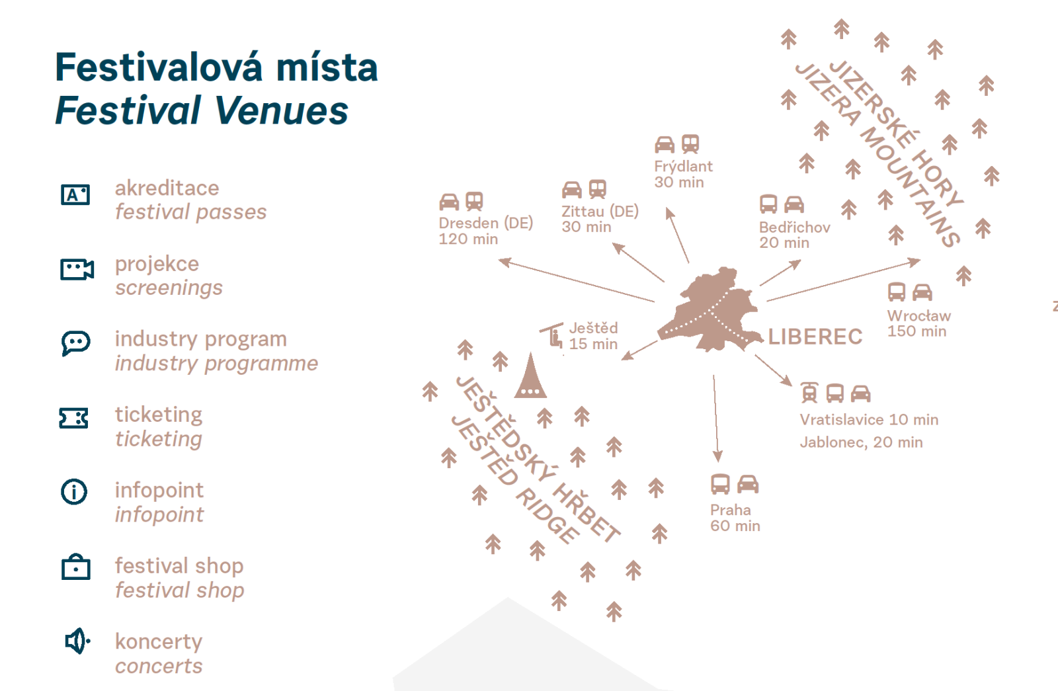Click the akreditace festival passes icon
(x=75, y=194)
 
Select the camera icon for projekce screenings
(x=77, y=269)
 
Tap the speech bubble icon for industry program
(x=75, y=343)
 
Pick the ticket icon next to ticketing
(x=73, y=418)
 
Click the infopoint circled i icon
(x=74, y=492)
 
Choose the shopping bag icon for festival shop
(x=75, y=567)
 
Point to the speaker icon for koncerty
(x=77, y=641)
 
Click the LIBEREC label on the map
(x=815, y=337)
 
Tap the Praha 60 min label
(x=735, y=518)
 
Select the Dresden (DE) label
(x=485, y=223)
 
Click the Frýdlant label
(x=683, y=166)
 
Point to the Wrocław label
(x=918, y=315)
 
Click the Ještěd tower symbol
(x=530, y=376)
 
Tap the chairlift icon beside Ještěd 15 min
(x=552, y=335)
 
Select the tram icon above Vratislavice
(x=809, y=393)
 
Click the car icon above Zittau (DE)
(x=571, y=190)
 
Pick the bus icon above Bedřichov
(x=768, y=204)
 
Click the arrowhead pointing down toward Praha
(x=717, y=456)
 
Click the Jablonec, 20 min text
(x=861, y=442)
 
